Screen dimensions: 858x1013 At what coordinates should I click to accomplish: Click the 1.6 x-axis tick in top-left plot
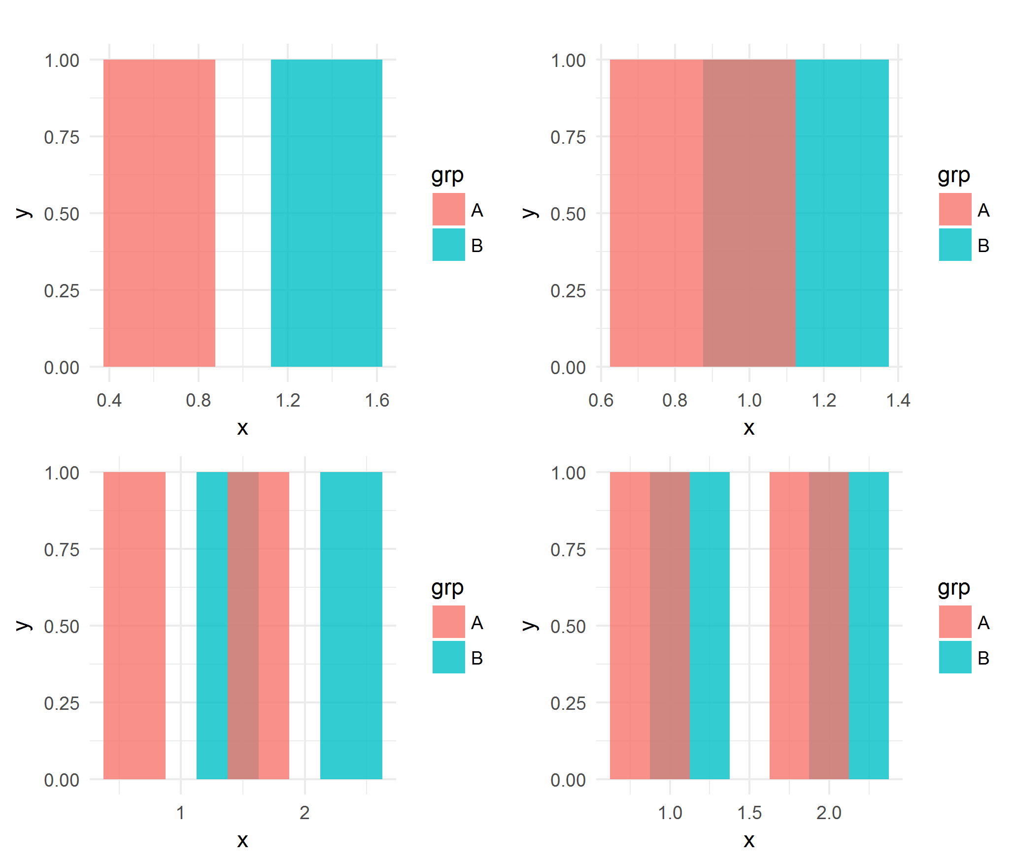coord(377,400)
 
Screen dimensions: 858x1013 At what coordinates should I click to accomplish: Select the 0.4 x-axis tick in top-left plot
coord(109,400)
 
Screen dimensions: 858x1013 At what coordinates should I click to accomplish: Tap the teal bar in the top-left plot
coord(326,213)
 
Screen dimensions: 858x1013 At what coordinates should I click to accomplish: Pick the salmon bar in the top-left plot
coord(159,213)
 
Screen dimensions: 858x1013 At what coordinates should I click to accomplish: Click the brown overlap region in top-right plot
coord(749,213)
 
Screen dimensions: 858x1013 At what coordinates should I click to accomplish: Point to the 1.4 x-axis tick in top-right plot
coord(898,400)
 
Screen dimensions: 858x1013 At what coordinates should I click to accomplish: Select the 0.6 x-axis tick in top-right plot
coord(601,400)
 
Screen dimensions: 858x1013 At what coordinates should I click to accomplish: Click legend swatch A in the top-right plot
coord(954,209)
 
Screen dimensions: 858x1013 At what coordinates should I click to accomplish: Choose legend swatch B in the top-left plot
coord(448,245)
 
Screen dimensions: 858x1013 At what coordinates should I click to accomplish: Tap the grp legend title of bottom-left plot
coord(447,587)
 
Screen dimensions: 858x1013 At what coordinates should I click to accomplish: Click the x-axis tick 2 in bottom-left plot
coord(304,813)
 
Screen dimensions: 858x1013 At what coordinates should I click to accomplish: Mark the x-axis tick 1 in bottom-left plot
coord(180,813)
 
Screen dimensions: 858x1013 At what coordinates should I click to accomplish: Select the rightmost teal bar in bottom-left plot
coord(351,625)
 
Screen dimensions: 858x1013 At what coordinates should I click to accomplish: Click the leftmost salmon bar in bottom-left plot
coord(134,625)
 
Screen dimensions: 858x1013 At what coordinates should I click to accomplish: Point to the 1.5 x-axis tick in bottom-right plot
coord(749,813)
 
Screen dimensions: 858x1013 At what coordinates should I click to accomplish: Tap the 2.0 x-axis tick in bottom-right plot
coord(829,813)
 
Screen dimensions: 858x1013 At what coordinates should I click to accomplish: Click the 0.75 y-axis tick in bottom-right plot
coord(568,549)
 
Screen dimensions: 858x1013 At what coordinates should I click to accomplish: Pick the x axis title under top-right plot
coord(749,427)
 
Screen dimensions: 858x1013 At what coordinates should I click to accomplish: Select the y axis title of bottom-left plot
coord(24,625)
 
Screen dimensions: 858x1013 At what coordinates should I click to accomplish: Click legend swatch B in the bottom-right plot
coord(954,657)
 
